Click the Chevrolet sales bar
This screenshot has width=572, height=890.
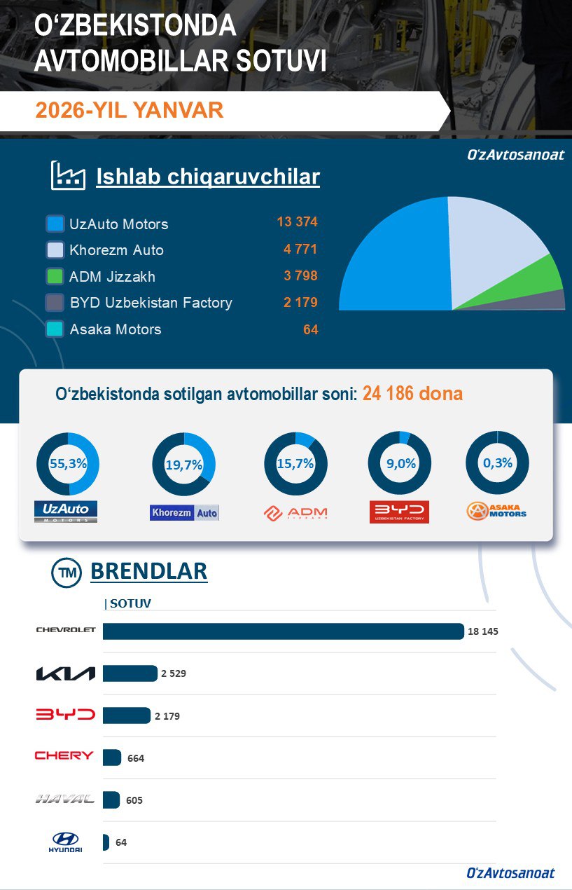(x=283, y=631)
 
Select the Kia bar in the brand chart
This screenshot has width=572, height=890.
(x=130, y=673)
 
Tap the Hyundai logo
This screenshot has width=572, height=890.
(x=65, y=842)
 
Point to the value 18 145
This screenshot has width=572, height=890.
(x=482, y=631)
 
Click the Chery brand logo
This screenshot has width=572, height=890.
(x=64, y=755)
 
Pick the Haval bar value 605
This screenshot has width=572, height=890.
(x=134, y=800)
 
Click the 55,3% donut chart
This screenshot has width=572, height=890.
(x=67, y=464)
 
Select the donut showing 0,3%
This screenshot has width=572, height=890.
(x=497, y=463)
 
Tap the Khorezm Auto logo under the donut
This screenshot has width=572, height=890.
(x=184, y=512)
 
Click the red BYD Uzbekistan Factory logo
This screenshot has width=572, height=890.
(x=399, y=512)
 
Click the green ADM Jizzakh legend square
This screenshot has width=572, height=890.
(x=55, y=276)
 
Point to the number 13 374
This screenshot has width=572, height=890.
(x=297, y=222)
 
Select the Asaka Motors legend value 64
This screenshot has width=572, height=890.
(x=310, y=329)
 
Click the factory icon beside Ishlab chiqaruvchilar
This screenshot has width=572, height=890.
(x=68, y=176)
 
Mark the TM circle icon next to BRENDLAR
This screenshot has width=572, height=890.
(x=67, y=573)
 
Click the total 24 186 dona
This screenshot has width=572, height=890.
(x=412, y=394)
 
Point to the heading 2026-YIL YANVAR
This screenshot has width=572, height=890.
(x=130, y=110)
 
